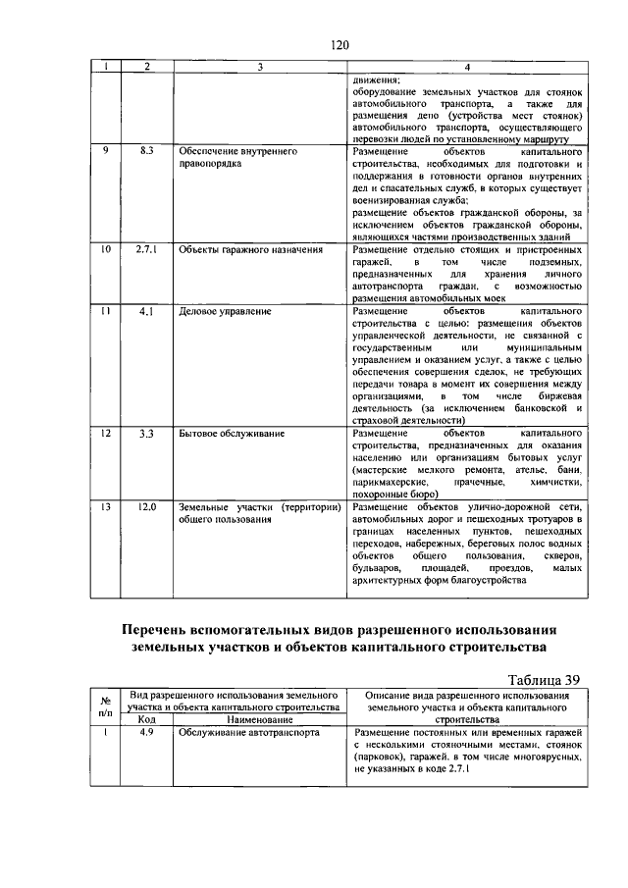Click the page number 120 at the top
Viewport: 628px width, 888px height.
[340, 45]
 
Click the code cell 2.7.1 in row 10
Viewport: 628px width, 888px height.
[146, 249]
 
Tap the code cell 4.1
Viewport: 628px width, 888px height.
[146, 311]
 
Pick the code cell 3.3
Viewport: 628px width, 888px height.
[146, 432]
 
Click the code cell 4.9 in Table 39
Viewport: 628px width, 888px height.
[146, 732]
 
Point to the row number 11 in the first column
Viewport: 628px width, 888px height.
[105, 311]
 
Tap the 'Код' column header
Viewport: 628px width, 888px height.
[146, 719]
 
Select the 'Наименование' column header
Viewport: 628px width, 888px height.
[259, 719]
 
